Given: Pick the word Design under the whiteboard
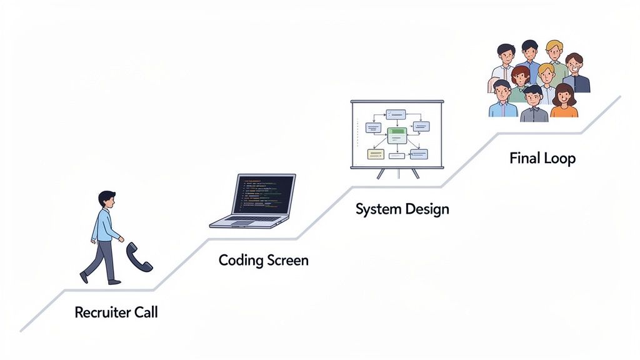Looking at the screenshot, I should (427, 209).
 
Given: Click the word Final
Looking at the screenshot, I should (523, 158).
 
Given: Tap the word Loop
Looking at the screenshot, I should (560, 158).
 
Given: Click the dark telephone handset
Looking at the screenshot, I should (139, 257).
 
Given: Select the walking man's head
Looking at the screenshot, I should (107, 201).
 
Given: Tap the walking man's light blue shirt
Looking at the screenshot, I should (104, 226).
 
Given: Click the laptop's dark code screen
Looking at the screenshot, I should (263, 194).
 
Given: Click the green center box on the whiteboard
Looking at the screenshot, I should (397, 134).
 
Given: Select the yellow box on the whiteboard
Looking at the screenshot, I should (376, 154).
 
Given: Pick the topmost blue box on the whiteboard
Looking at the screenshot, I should (396, 114).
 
